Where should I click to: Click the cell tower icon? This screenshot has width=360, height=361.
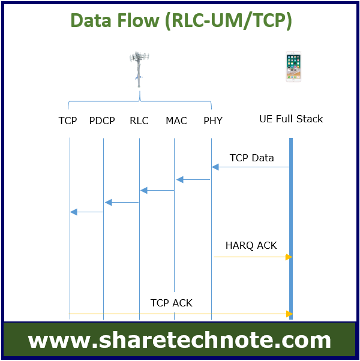click(139, 70)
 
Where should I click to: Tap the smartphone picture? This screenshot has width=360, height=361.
click(293, 67)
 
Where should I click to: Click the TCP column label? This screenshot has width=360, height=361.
click(67, 121)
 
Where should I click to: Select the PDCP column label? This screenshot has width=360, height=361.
click(102, 121)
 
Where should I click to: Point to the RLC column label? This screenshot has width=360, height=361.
click(139, 121)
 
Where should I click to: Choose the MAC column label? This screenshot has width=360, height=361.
click(176, 121)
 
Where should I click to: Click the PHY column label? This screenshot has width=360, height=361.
click(213, 121)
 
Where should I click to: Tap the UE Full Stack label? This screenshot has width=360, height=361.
click(291, 119)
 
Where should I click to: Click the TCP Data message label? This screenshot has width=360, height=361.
click(252, 158)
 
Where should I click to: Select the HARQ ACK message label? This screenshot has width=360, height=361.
click(251, 246)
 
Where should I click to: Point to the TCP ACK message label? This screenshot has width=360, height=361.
click(172, 303)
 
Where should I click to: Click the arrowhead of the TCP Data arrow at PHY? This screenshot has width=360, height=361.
click(215, 167)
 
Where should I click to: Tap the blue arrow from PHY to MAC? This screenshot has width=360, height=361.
click(193, 179)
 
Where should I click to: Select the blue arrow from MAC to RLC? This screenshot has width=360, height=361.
click(157, 191)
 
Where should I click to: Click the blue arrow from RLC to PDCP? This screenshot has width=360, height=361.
click(122, 202)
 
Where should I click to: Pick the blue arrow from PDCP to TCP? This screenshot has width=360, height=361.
click(87, 212)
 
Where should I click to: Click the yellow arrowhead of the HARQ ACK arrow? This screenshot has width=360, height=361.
click(289, 257)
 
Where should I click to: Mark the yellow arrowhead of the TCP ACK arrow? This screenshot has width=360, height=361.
click(289, 314)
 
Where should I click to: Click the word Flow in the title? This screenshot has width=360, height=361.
click(138, 20)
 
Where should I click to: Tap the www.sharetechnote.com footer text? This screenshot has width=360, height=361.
click(179, 340)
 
